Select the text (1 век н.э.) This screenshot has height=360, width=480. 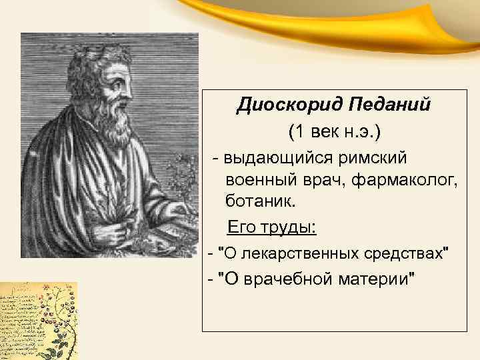(335, 131)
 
